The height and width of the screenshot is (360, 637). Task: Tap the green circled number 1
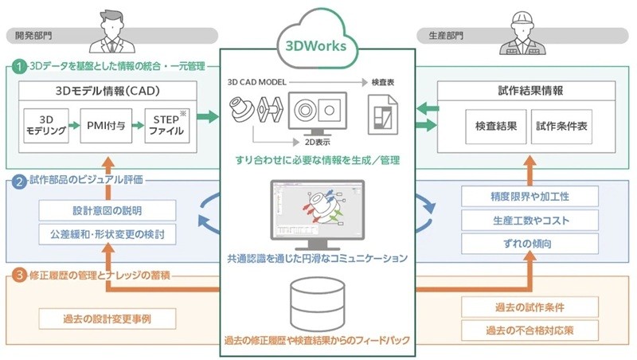(18, 67)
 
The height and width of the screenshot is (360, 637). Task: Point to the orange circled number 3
(18, 277)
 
